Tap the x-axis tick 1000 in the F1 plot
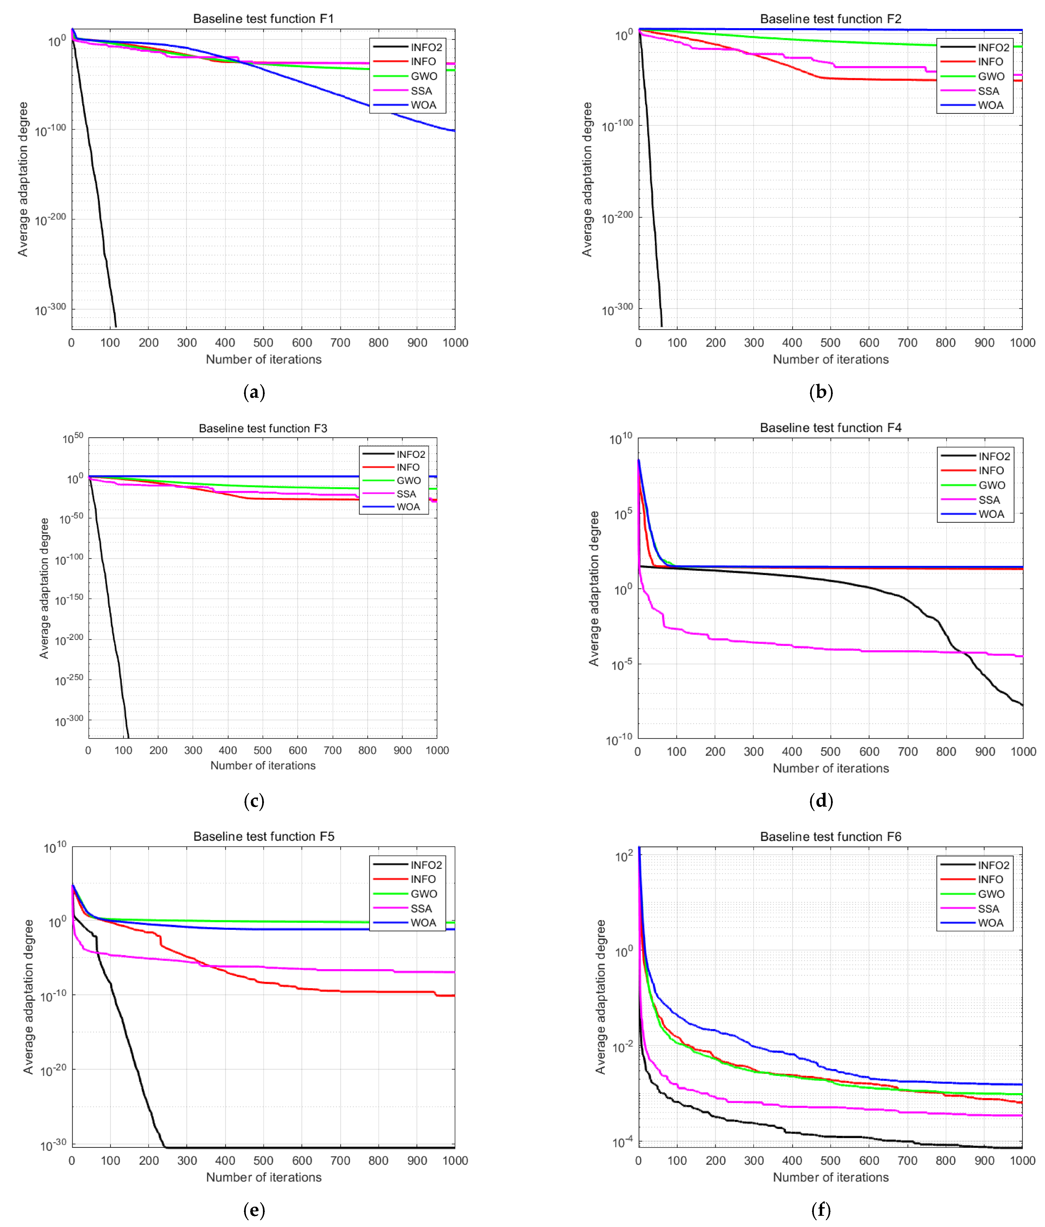(455, 343)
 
